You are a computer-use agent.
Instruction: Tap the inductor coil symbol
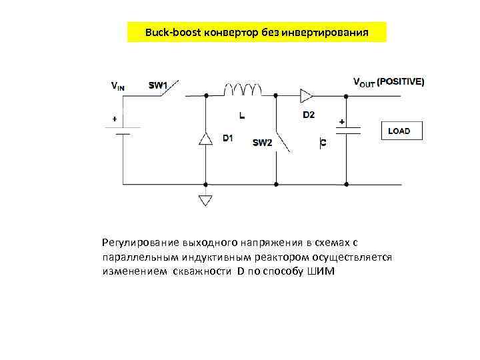pos(242,91)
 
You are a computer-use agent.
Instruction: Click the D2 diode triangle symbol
pos(306,95)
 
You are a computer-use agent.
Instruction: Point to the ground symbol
pos(206,199)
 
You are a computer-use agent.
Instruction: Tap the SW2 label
pos(262,143)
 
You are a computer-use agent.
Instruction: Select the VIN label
pos(117,86)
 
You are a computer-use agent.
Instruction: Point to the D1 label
pos(227,139)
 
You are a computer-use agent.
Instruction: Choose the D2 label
pos(309,115)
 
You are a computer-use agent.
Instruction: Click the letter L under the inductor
pos(241,115)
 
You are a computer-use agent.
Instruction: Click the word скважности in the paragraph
pos(201,271)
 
